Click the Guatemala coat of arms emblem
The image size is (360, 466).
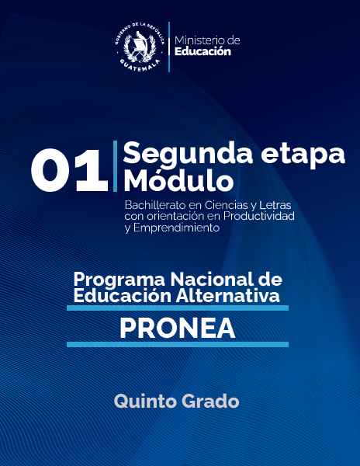pos(140,47)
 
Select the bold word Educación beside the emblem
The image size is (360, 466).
pos(203,52)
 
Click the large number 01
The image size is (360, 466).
pos(69,172)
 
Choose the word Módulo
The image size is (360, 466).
pos(178,182)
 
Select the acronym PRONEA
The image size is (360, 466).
pos(177,328)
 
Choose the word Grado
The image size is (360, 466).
pos(210,401)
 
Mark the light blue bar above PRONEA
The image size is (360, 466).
pos(177,308)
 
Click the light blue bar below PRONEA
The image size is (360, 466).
pos(177,344)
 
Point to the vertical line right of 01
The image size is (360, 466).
pos(115,166)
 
